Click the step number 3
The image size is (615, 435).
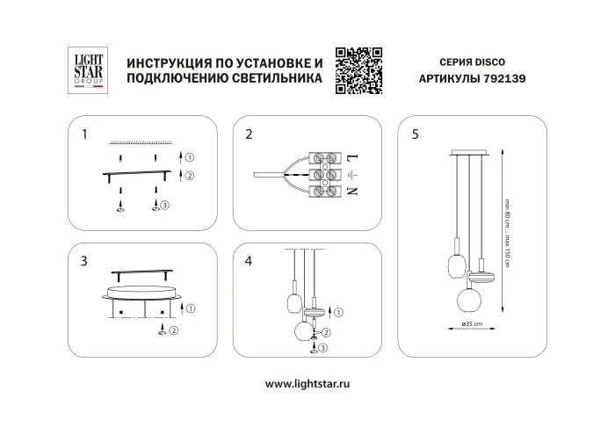[83, 261]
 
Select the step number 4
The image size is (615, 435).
[250, 261]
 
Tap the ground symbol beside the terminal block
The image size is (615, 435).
[351, 176]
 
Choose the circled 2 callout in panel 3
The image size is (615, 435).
[173, 330]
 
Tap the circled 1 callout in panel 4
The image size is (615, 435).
[340, 312]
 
